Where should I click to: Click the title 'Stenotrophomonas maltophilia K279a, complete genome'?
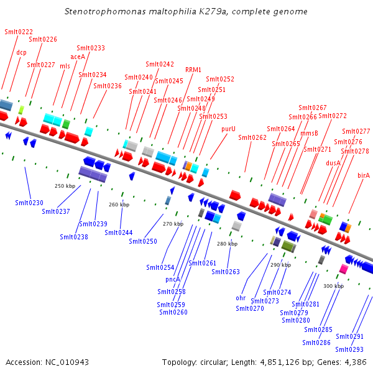click(x=186, y=12)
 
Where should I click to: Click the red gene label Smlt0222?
click(x=19, y=32)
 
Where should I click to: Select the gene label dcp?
click(x=22, y=53)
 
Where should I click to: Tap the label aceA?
click(x=78, y=57)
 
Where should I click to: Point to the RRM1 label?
click(x=193, y=70)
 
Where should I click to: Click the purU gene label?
click(x=229, y=129)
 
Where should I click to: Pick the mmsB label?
click(x=309, y=133)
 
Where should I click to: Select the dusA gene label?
click(x=333, y=163)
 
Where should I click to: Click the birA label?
click(x=364, y=175)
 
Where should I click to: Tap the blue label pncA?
click(x=173, y=280)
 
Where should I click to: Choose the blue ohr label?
click(x=241, y=298)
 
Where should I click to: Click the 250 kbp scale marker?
click(x=65, y=186)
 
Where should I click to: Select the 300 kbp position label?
click(x=333, y=286)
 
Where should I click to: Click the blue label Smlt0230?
click(x=29, y=203)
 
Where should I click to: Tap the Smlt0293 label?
click(x=349, y=349)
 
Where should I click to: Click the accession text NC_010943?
click(x=47, y=362)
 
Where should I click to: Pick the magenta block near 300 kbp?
click(x=343, y=269)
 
